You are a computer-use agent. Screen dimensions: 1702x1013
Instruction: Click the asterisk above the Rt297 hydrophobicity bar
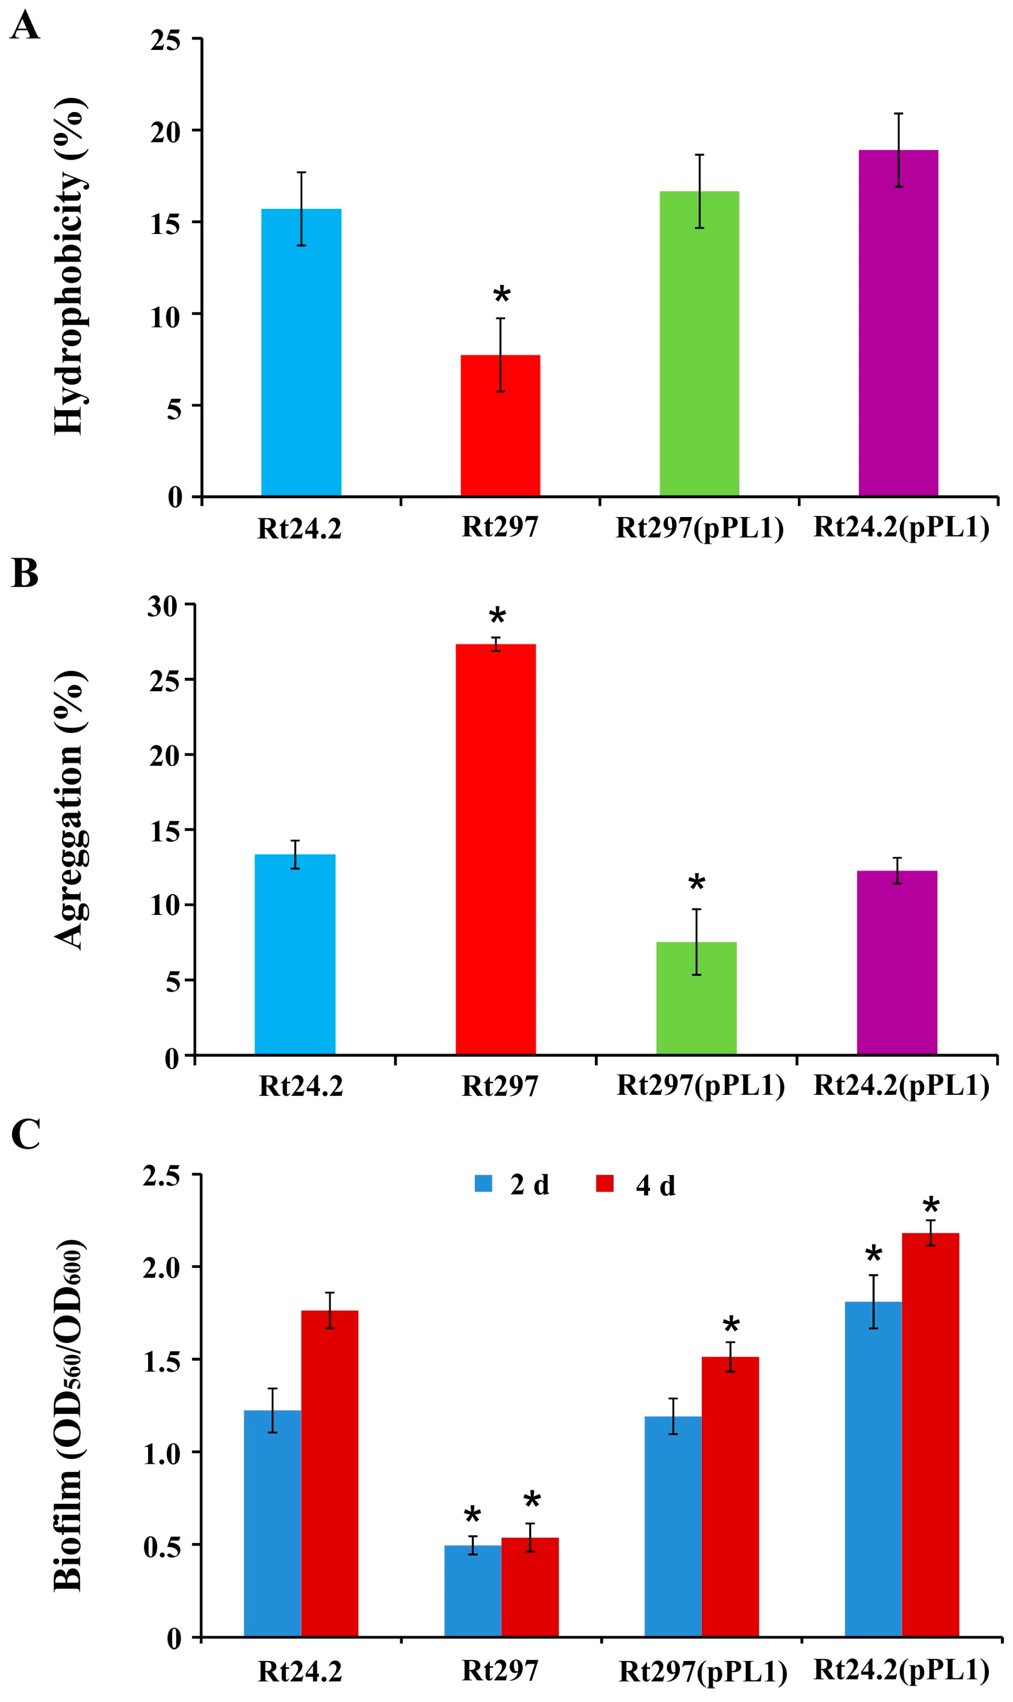[501, 295]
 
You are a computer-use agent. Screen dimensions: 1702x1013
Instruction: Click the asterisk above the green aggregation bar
[696, 883]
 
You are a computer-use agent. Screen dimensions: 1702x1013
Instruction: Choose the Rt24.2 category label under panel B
[300, 1086]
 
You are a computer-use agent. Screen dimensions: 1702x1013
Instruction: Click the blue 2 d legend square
[483, 1183]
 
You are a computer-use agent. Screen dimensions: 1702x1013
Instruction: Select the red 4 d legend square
[604, 1183]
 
